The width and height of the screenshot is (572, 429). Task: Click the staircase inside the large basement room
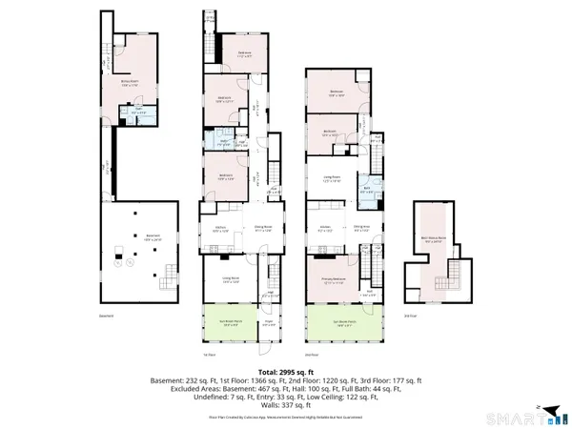pyautogui.click(x=169, y=277)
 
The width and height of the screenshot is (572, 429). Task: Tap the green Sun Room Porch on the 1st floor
pyautogui.click(x=227, y=322)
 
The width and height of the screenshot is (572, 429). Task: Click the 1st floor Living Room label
pyautogui.click(x=227, y=279)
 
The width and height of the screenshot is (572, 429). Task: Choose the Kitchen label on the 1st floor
pyautogui.click(x=218, y=229)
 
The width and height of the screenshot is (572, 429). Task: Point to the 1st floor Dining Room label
pyautogui.click(x=264, y=229)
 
